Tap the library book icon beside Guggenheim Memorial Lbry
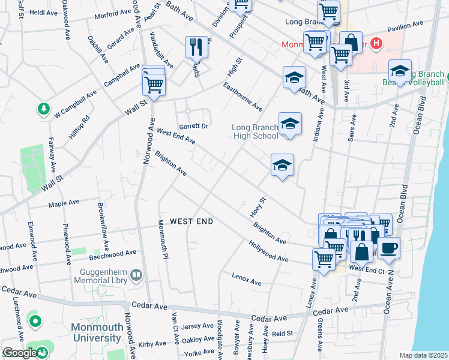[x=136, y=275]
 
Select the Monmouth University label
[x=97, y=332]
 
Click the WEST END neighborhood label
[x=191, y=221]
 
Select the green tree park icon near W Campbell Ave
[x=43, y=109]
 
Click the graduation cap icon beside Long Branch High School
[x=289, y=124]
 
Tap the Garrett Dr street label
[x=193, y=126]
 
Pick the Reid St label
[x=282, y=333]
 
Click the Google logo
[x=20, y=353]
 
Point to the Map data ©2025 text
[x=423, y=355]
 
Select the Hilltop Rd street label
[x=79, y=127]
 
